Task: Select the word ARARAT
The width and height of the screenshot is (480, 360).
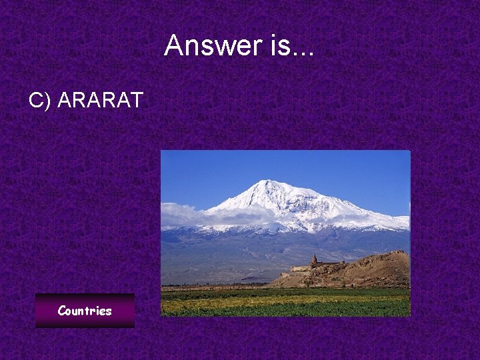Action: pos(101,100)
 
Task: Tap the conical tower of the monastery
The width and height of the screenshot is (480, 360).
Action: pos(315,259)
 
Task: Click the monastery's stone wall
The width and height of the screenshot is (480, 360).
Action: pos(302,269)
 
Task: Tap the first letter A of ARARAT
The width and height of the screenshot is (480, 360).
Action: pos(65,100)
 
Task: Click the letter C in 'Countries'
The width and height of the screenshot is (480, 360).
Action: pos(61,311)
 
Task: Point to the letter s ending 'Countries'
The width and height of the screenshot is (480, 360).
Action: pos(109,311)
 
